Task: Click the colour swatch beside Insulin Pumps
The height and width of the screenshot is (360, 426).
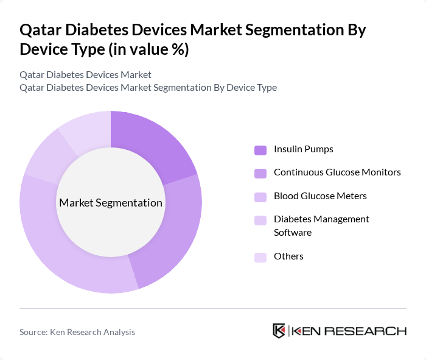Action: [260, 150]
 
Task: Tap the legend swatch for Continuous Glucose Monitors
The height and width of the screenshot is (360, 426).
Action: [260, 173]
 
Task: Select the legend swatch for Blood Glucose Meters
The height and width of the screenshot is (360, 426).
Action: [260, 196]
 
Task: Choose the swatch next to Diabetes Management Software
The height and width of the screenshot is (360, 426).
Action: [260, 219]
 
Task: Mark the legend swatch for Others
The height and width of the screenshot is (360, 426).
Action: [260, 257]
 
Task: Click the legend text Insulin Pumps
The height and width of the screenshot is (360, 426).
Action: [303, 149]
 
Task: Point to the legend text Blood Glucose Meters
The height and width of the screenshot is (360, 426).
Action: [320, 196]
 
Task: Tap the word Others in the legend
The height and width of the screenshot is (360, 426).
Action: [288, 256]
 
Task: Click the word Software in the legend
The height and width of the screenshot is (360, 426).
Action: [292, 233]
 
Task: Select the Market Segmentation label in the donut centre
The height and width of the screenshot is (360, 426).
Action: [111, 203]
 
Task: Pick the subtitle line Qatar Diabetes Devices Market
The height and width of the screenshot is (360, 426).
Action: [85, 75]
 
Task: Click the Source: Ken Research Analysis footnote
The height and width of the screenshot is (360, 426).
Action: [77, 332]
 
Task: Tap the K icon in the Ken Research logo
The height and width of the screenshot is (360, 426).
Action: [279, 331]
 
